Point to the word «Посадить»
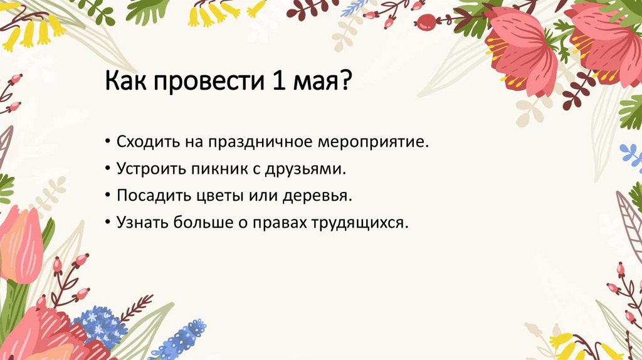click(149, 196)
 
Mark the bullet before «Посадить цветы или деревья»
click(109, 196)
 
